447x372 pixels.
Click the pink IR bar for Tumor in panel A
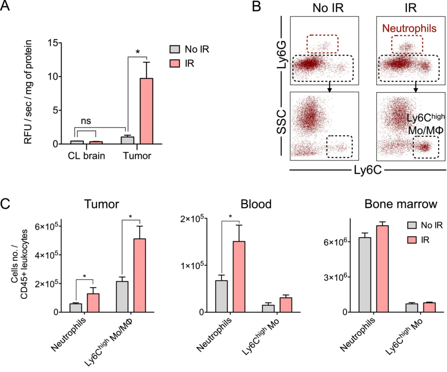point(147,111)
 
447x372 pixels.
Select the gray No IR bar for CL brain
point(77,142)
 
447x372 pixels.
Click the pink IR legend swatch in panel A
point(174,63)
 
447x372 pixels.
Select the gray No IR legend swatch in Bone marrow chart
point(411,225)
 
